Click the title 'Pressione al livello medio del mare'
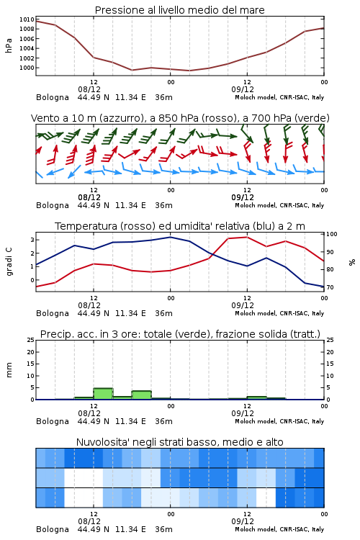click(x=180, y=10)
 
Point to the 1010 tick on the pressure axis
click(x=27, y=19)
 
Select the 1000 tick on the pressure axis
click(x=27, y=68)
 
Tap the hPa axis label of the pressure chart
click(x=9, y=45)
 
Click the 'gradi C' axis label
click(x=9, y=262)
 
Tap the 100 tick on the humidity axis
click(x=332, y=234)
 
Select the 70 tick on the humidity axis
click(x=330, y=287)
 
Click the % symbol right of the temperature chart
click(x=352, y=262)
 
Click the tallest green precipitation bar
click(x=103, y=394)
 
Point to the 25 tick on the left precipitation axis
click(x=31, y=340)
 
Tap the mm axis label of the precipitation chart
click(x=9, y=370)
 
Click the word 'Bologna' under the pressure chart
click(x=53, y=97)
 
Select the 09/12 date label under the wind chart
click(x=243, y=197)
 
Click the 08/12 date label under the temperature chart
click(x=89, y=305)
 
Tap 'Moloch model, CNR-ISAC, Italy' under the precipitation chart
click(x=279, y=421)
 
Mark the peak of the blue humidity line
click(x=171, y=237)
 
